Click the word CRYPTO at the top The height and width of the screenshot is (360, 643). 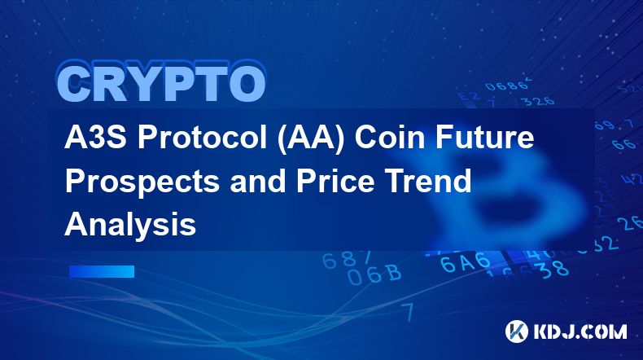(x=162, y=82)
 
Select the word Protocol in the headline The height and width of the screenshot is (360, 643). (x=202, y=138)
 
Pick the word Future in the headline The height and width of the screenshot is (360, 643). (x=485, y=138)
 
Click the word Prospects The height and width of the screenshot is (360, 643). (x=142, y=182)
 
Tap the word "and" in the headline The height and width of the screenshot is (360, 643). (x=257, y=181)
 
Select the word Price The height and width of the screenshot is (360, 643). (x=335, y=181)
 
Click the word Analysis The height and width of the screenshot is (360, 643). (x=130, y=226)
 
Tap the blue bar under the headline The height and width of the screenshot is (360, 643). (x=102, y=271)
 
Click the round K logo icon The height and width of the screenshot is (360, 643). (x=517, y=331)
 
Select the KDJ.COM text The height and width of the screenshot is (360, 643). (x=580, y=331)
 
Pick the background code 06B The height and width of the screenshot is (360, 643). (x=374, y=274)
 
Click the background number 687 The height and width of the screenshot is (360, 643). (x=347, y=260)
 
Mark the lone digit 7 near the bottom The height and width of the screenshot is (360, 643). (x=408, y=312)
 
